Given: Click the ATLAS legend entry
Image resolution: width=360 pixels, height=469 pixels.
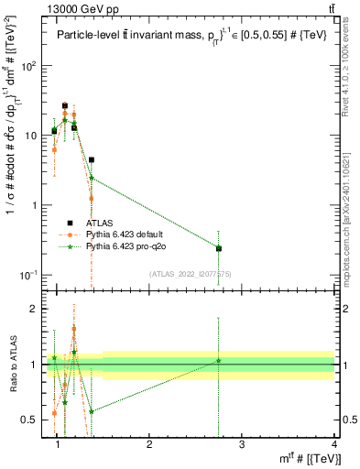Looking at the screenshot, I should pos(100,223).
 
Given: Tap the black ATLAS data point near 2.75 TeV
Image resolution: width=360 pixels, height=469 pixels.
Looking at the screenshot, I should pos(218,248).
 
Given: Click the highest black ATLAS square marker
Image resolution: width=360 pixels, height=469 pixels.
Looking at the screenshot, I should pos(65,106).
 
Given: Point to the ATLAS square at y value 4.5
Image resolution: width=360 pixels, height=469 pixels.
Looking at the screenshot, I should pos(92,159).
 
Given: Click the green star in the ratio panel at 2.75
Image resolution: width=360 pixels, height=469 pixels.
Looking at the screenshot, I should pos(218,361).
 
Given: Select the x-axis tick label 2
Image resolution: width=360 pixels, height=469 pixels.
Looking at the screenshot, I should pos(149,445).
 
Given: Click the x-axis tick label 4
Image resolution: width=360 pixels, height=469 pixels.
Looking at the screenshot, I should pos(334,445).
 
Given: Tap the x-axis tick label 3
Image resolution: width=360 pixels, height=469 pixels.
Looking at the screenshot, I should pos(242,445).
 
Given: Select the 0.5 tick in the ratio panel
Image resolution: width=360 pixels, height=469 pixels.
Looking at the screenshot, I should pos(30,420).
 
